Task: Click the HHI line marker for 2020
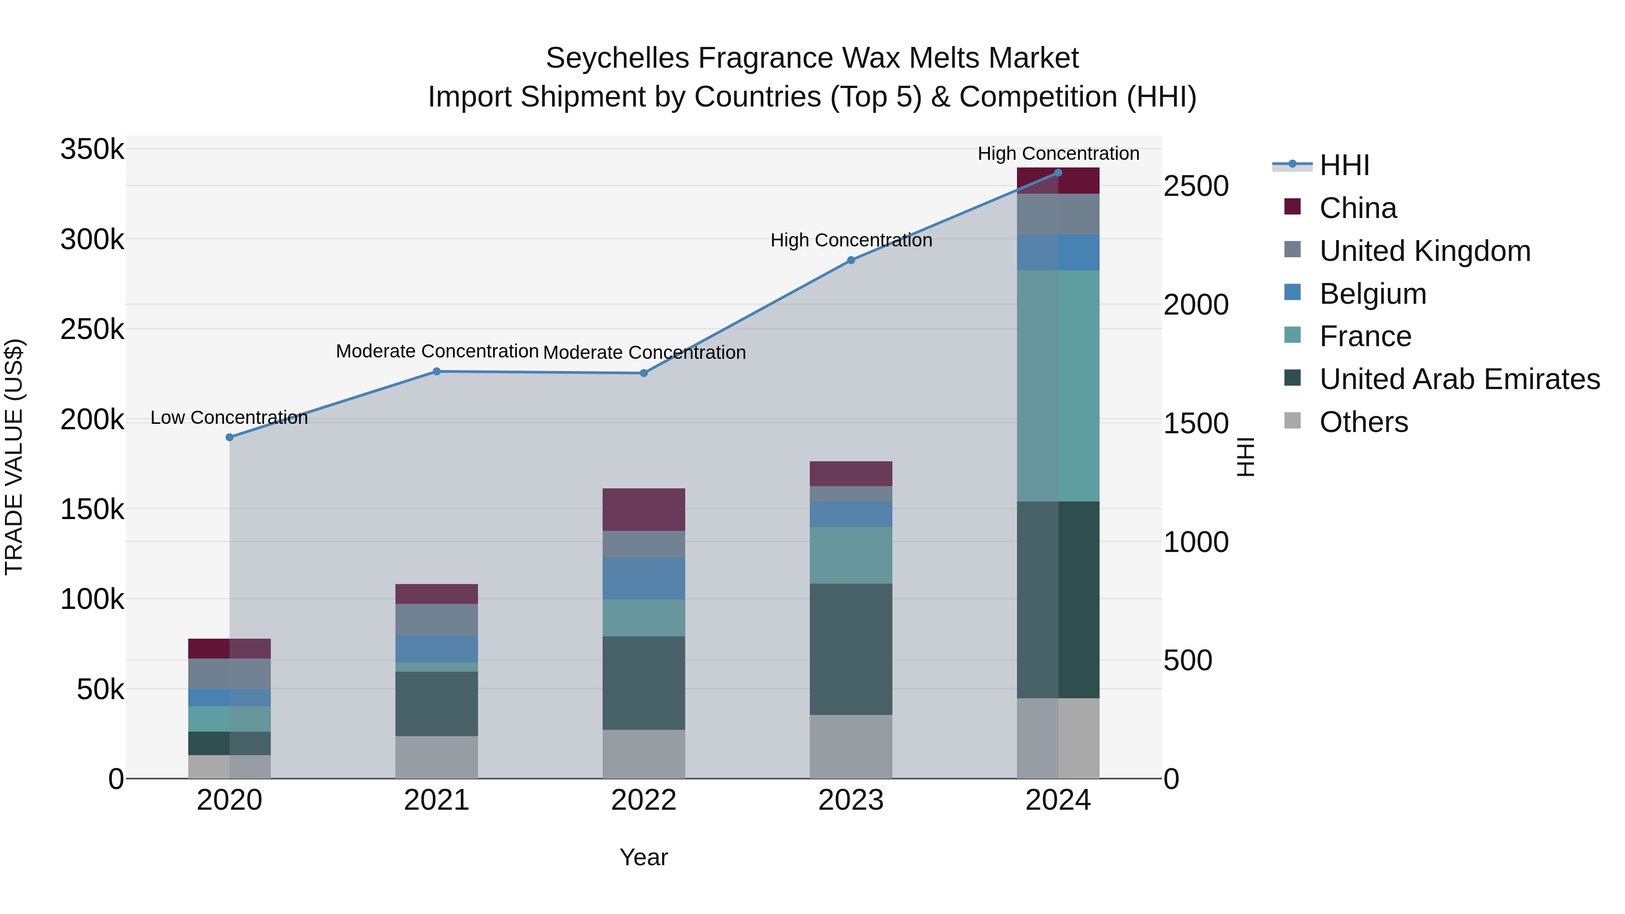pos(230,437)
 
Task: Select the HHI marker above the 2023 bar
pos(851,260)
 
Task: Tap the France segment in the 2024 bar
pos(1058,385)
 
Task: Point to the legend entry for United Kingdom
pos(1425,251)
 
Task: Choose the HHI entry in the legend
pos(1344,165)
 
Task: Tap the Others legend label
pos(1363,422)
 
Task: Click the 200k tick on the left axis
pos(92,419)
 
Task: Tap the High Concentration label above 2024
pos(1058,153)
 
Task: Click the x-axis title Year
pos(643,857)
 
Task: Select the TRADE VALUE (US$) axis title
pos(14,457)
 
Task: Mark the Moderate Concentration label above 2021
pos(436,351)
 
